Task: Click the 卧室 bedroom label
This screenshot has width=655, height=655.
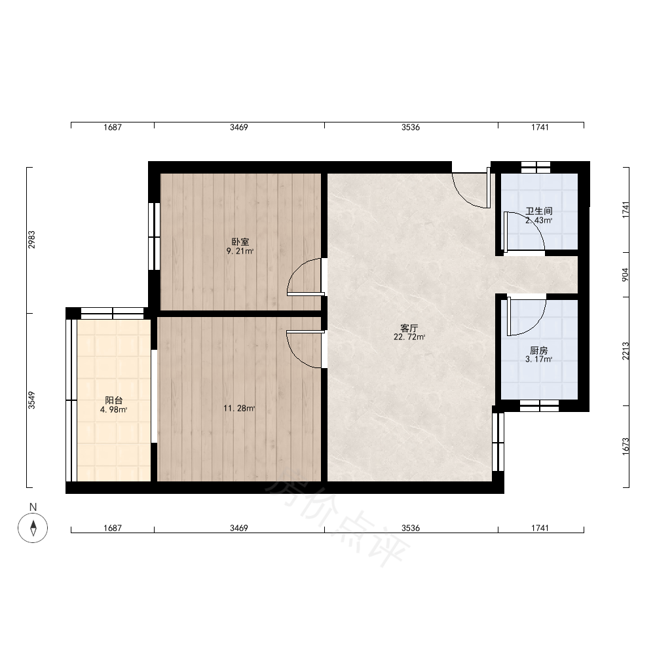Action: (x=240, y=242)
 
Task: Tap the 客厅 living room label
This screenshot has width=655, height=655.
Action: (x=409, y=328)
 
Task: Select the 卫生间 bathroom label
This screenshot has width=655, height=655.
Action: (x=539, y=212)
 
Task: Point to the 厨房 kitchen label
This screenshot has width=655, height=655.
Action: (x=539, y=350)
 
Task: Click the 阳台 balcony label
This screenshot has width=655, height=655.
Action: (x=113, y=401)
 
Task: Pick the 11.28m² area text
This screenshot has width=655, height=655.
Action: (x=239, y=409)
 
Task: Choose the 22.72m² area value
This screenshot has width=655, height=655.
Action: (x=409, y=337)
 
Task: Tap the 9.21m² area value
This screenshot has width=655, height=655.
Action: (x=240, y=251)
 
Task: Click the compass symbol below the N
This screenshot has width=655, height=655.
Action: (x=33, y=528)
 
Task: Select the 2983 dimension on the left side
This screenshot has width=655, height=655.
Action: (x=31, y=240)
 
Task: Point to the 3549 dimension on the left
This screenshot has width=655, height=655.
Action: (x=31, y=400)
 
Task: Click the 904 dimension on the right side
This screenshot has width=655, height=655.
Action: (x=626, y=274)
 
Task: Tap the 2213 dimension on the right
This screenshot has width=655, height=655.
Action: (x=626, y=351)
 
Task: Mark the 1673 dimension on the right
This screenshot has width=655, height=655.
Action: (x=626, y=447)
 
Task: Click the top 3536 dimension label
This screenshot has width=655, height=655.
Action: (x=411, y=128)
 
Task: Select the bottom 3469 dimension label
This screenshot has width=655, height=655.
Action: (x=239, y=529)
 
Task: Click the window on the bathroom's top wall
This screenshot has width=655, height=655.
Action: (x=536, y=167)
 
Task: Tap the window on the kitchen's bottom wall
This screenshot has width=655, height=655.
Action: (x=539, y=405)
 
